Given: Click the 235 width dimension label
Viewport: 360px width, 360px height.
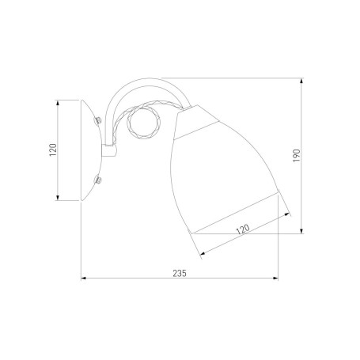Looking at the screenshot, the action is point(180,273).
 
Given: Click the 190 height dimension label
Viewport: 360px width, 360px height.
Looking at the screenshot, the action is point(297,156).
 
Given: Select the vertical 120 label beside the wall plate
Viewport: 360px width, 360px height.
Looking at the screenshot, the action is point(53,150).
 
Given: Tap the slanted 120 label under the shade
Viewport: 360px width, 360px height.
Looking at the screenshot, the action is point(243,229).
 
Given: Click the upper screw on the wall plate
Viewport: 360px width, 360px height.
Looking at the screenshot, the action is point(98,120).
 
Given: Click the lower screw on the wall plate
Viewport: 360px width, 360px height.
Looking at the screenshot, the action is point(98,180).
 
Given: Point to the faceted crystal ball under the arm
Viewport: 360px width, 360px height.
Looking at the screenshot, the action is point(143,123).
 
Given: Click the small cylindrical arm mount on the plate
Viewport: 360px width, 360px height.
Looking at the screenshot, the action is point(109,150).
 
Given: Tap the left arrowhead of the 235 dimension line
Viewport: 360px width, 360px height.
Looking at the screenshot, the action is point(84,278).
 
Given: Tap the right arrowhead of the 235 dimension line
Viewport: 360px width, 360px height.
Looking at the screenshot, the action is point(275,278).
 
